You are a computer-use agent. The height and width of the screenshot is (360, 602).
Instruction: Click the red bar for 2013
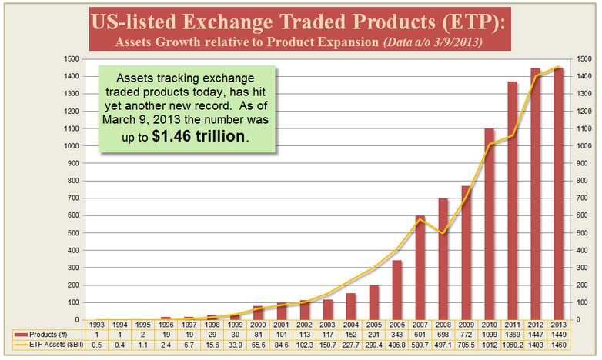558,193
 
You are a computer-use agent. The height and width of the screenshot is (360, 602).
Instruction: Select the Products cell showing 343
398,335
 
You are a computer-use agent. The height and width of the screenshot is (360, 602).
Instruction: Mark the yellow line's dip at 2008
444,233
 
